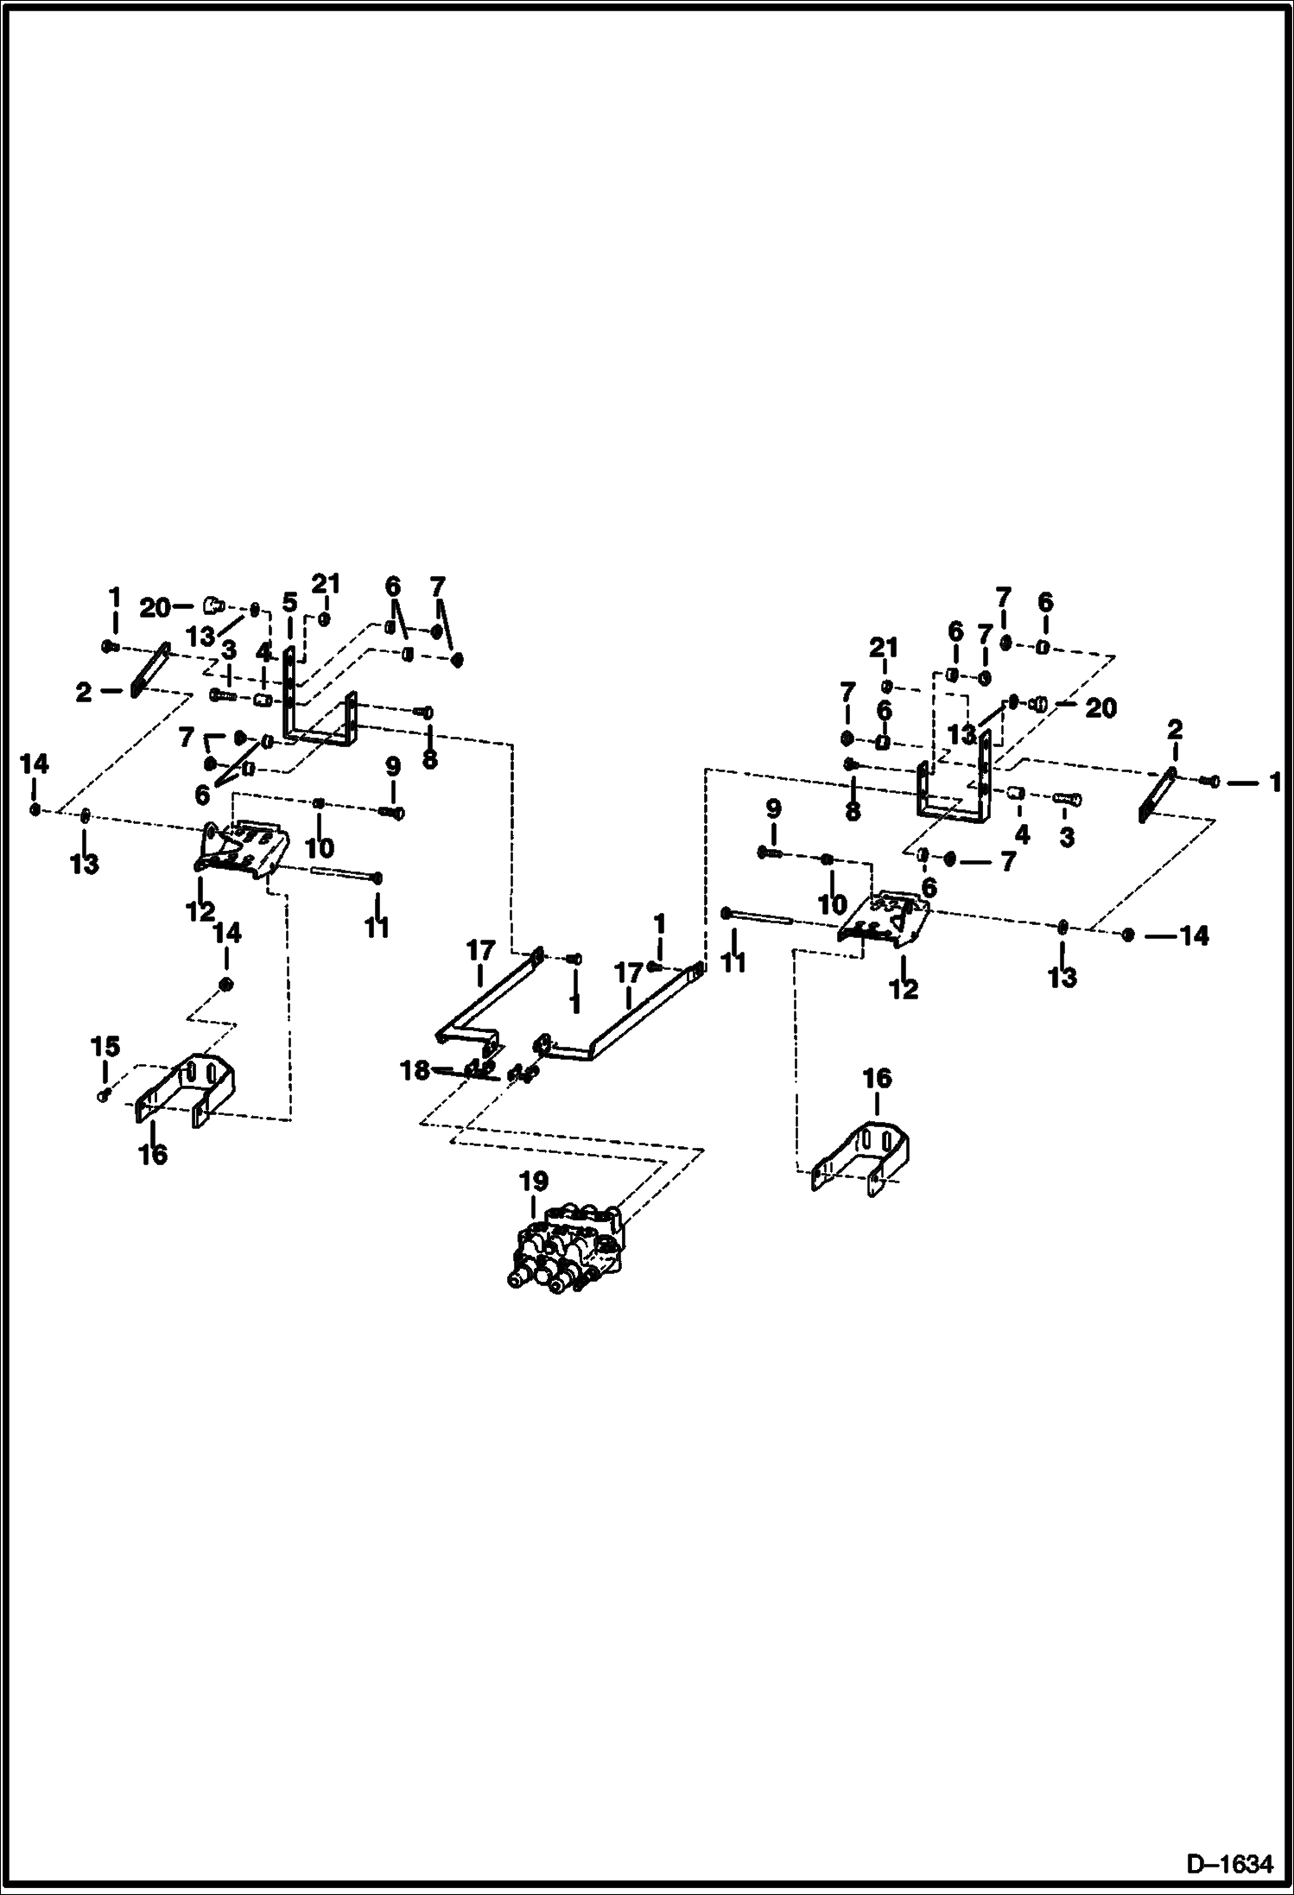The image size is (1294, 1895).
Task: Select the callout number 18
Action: click(x=415, y=1070)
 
